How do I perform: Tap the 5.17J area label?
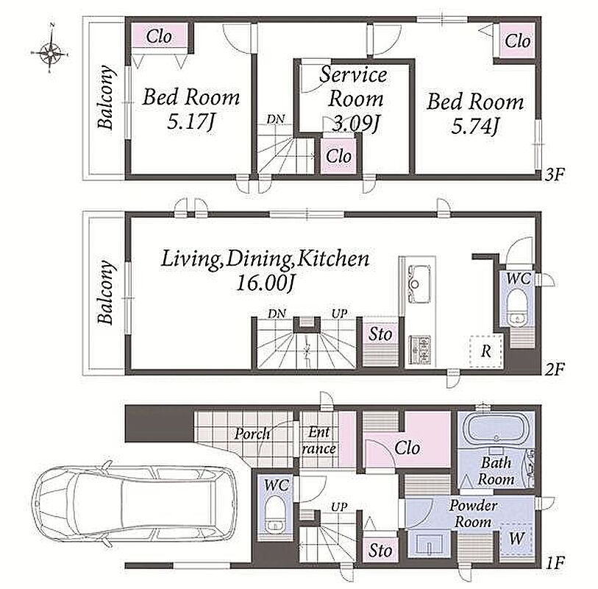point(191,122)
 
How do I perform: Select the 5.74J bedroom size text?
point(475,126)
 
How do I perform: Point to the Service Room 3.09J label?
point(355,99)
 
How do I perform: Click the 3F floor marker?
point(554,174)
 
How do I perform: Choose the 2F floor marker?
point(554,369)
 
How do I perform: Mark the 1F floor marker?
point(554,562)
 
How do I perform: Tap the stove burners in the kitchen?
point(419,349)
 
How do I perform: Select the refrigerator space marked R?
point(486,351)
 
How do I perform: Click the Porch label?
point(252,434)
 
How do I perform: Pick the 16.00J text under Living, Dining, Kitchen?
point(266,283)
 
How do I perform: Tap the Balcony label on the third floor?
point(106,97)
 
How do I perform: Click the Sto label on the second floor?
point(380,334)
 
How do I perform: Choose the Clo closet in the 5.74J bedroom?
point(517,40)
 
